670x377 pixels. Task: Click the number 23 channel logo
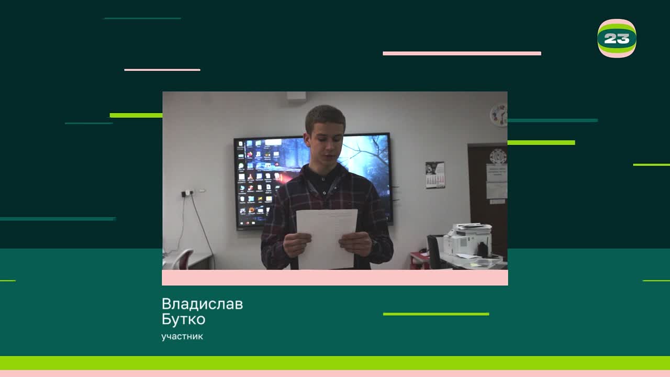pyautogui.click(x=617, y=38)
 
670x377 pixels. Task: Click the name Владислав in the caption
pyautogui.click(x=202, y=304)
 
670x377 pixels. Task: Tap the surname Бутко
pyautogui.click(x=183, y=319)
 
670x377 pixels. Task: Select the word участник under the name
pyautogui.click(x=182, y=337)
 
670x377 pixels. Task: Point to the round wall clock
pyautogui.click(x=499, y=115)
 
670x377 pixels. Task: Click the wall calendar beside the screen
pyautogui.click(x=435, y=174)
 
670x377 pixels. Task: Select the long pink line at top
pyautogui.click(x=462, y=53)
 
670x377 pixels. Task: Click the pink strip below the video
pyautogui.click(x=335, y=278)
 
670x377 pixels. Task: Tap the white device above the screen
pyautogui.click(x=296, y=96)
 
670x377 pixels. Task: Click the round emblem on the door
pyautogui.click(x=498, y=156)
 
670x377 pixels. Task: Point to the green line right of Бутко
pyautogui.click(x=436, y=314)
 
